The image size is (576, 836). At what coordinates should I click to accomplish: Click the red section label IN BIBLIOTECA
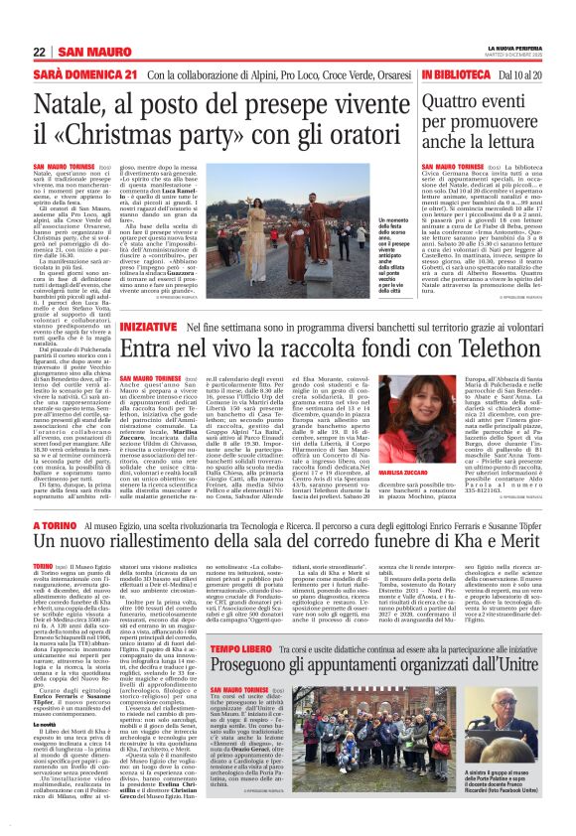pos(458,75)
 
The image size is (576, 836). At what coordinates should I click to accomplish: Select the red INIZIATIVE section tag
pos(148,298)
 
